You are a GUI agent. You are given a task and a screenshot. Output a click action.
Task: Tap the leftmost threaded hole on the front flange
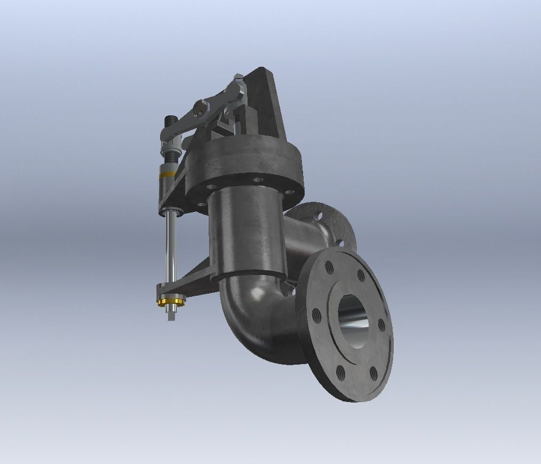314,313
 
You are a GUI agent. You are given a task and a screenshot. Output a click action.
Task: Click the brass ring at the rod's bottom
170,303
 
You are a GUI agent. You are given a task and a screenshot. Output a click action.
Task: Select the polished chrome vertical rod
170,246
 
